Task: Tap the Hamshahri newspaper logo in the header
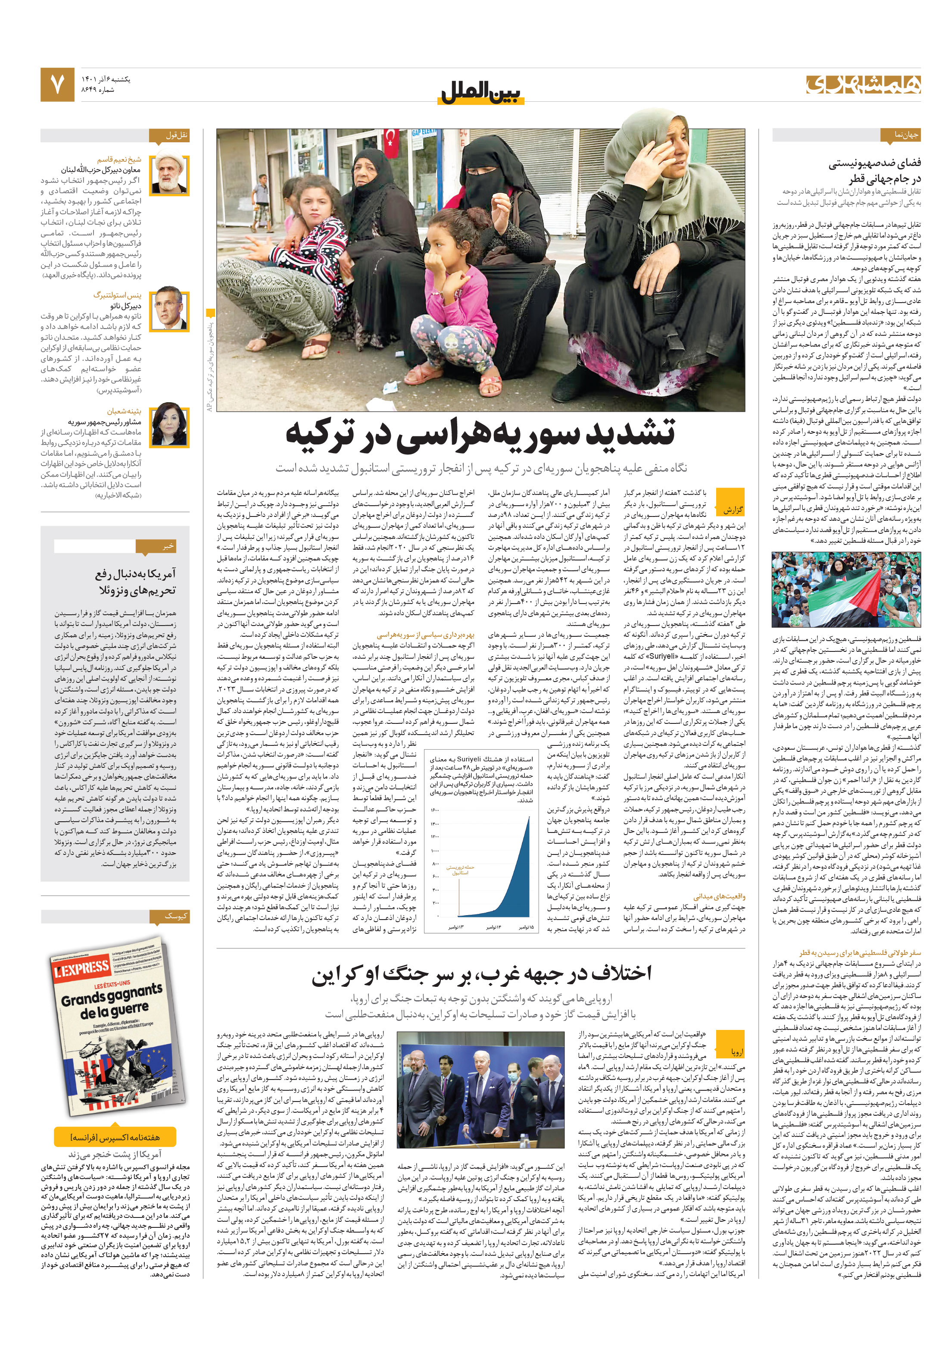pyautogui.click(x=863, y=84)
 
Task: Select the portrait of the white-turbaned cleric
pyautogui.click(x=170, y=174)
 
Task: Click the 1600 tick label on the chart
pyautogui.click(x=435, y=811)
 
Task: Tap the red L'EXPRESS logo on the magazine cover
pyautogui.click(x=81, y=968)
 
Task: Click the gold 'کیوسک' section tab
pyautogui.click(x=175, y=916)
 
